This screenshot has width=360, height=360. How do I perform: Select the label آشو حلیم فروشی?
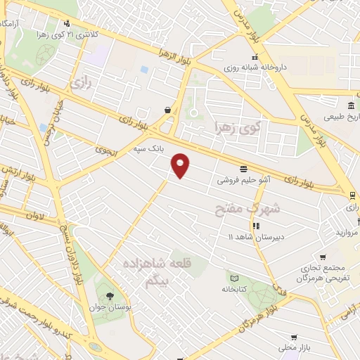tap(243, 180)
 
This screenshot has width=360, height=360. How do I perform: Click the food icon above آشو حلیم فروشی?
tap(243, 169)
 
